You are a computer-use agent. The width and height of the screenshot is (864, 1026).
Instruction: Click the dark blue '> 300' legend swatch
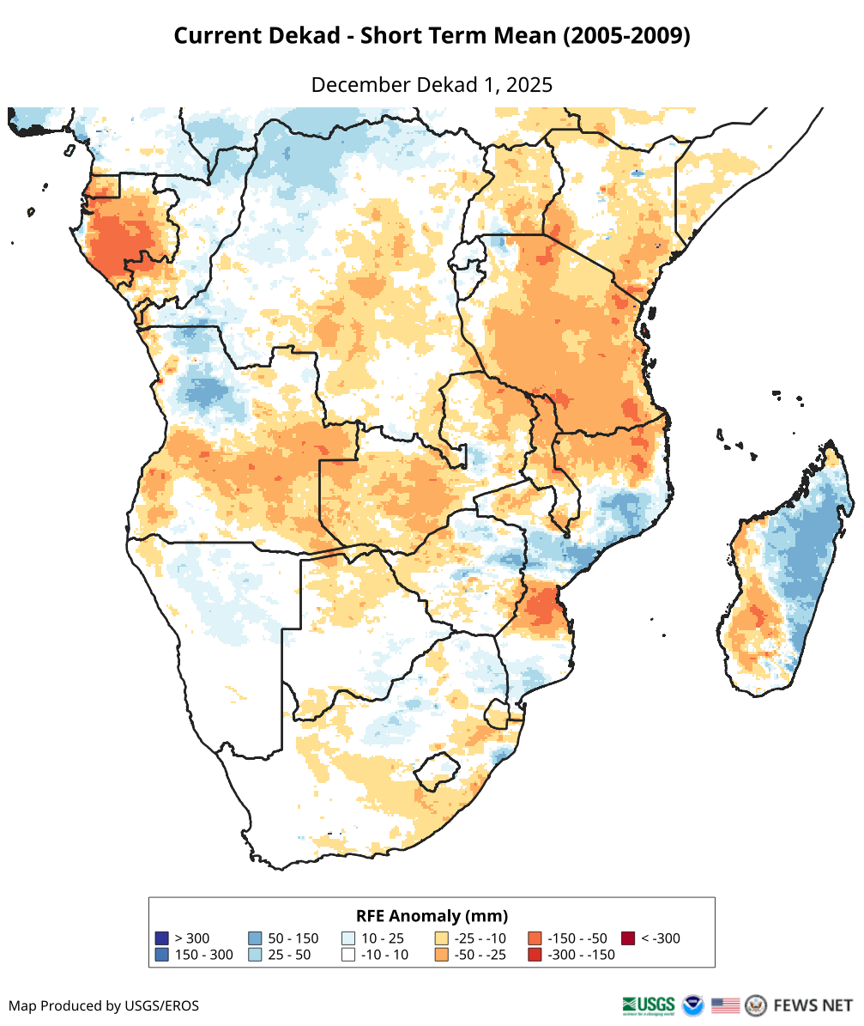point(161,938)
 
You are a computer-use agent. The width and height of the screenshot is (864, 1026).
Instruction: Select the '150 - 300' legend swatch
point(161,955)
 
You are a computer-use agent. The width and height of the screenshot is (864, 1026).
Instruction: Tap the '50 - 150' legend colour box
point(255,938)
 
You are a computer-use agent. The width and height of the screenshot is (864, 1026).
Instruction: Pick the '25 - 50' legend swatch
point(255,955)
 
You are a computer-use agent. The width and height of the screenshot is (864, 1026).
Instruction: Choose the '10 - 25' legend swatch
point(348,938)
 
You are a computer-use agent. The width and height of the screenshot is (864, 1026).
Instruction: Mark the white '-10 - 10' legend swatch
point(348,955)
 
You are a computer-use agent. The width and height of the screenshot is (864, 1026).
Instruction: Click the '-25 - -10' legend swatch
point(442,938)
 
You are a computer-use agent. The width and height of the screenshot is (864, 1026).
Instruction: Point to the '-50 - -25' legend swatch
point(442,955)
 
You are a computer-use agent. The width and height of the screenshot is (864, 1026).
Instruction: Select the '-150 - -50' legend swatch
point(535,938)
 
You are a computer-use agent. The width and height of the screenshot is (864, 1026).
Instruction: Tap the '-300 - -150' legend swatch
point(535,955)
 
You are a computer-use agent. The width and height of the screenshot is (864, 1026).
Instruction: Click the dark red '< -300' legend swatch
point(628,938)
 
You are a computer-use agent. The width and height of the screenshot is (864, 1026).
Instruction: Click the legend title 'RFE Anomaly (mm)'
point(432,915)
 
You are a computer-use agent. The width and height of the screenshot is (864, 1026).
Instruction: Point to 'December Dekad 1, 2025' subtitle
point(432,85)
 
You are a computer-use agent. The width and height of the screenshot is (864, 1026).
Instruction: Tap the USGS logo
point(649,1005)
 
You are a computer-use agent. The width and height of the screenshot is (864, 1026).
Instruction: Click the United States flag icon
point(726,1005)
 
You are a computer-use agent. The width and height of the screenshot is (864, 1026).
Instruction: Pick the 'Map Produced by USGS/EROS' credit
point(104,1005)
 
